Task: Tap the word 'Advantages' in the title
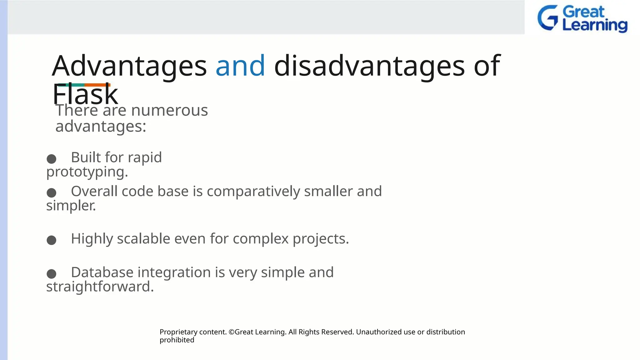pos(129,66)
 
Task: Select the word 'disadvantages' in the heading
pos(369,66)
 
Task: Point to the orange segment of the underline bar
pos(97,85)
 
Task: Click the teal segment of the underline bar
pos(71,85)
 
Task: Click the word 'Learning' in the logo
pos(595,25)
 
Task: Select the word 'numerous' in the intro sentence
pos(169,110)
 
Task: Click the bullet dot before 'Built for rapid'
pos(51,159)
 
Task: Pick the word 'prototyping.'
pos(87,172)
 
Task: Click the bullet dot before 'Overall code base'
pos(51,192)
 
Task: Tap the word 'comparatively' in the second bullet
pos(253,191)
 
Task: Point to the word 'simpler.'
pos(71,206)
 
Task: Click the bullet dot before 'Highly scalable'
pos(51,240)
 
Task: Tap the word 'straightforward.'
pos(100,287)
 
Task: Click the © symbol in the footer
pos(231,332)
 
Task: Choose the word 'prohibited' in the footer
pos(177,340)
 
